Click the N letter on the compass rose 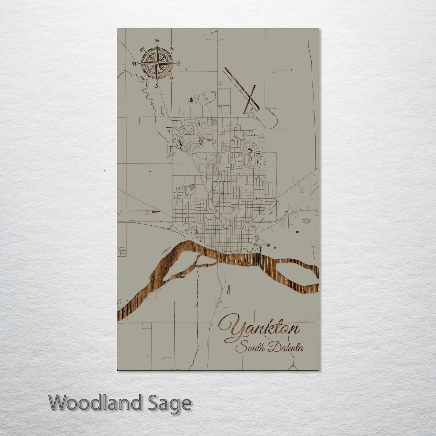(x=157, y=41)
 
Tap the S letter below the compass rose (x=157, y=86)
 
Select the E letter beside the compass (x=178, y=64)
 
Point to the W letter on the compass (x=135, y=63)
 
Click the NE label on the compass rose (x=172, y=49)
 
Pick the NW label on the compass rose (x=142, y=48)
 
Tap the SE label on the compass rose (x=172, y=78)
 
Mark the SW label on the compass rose (x=142, y=78)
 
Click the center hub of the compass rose (x=157, y=63)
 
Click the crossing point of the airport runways (x=250, y=98)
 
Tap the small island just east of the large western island (x=208, y=259)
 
